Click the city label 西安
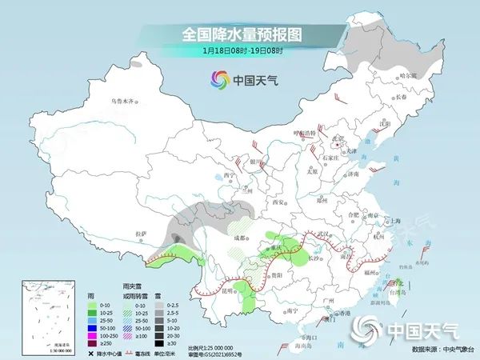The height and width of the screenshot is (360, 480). click(279, 202)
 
